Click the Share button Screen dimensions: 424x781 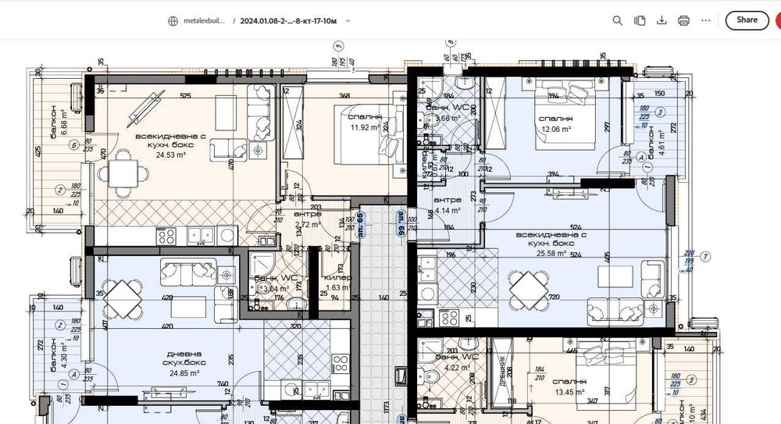pyautogui.click(x=747, y=20)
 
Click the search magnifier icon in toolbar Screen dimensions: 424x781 pyautogui.click(x=617, y=20)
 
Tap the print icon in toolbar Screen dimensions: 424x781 pyautogui.click(x=683, y=20)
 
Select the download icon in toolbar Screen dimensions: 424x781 pyautogui.click(x=662, y=20)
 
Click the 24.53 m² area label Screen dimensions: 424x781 pyautogui.click(x=170, y=154)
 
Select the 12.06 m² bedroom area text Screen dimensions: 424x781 pyautogui.click(x=555, y=129)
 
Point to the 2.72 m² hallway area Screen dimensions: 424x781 pyautogui.click(x=308, y=224)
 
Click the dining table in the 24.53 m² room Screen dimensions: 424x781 pyautogui.click(x=124, y=173)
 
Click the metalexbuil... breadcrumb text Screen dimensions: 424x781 pyautogui.click(x=201, y=21)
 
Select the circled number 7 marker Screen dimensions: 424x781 pyautogui.click(x=705, y=256)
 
